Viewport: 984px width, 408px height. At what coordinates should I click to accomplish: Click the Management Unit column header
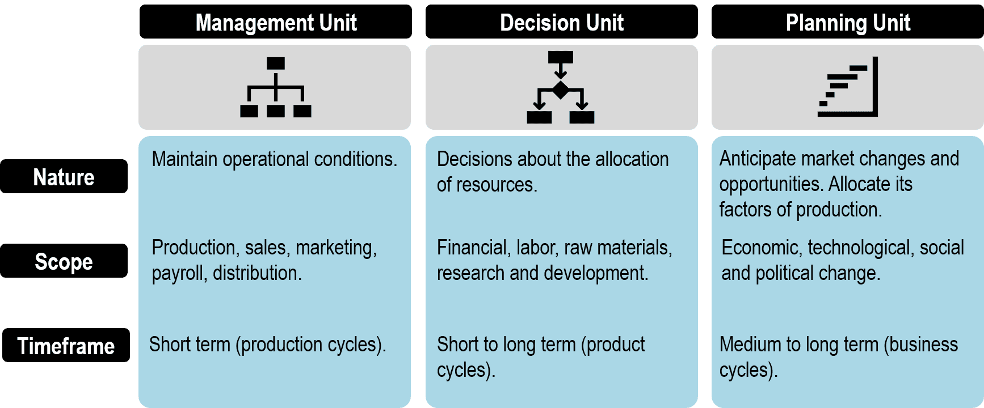(x=276, y=22)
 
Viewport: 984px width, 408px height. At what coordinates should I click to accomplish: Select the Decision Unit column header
(x=562, y=22)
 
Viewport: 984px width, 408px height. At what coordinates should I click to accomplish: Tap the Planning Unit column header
(x=848, y=22)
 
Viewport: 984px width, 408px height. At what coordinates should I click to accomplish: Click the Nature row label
(x=64, y=176)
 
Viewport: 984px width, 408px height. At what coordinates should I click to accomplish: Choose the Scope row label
(x=64, y=261)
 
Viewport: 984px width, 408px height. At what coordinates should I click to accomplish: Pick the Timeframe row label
(x=66, y=345)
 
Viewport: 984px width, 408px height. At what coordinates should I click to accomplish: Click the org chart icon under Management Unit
(x=276, y=87)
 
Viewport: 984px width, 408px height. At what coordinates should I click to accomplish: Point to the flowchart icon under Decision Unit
(x=561, y=87)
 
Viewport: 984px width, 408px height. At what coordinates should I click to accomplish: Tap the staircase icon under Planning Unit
(x=848, y=87)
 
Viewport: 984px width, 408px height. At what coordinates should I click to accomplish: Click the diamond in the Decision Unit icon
(x=561, y=90)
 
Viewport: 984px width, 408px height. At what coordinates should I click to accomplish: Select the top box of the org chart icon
(x=276, y=63)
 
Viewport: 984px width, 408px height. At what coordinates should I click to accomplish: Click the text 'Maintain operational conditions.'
(x=275, y=159)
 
